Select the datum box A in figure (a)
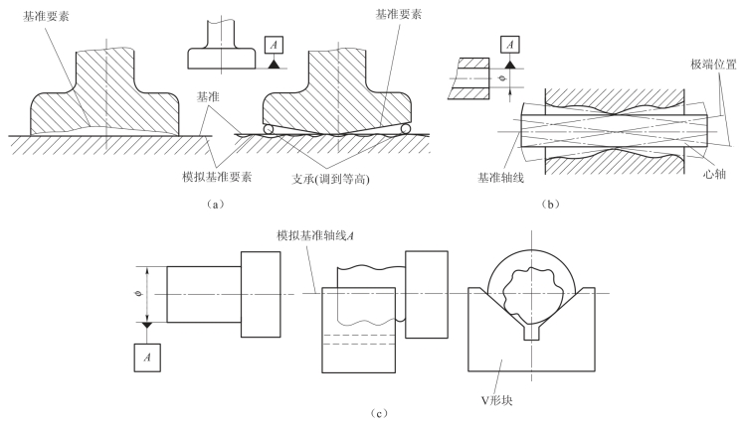[274, 47]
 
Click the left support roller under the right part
[271, 129]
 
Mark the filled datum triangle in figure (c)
[147, 325]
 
